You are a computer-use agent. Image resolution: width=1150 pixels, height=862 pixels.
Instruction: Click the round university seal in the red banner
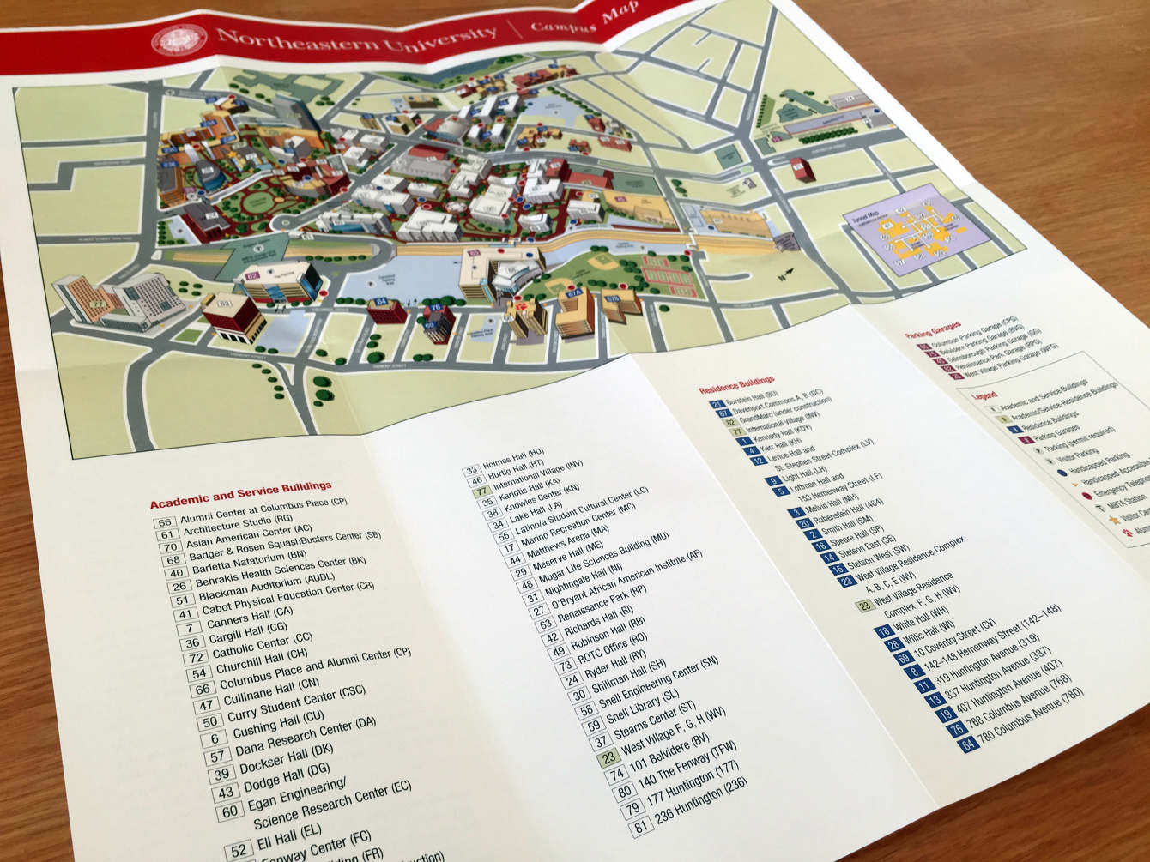pos(179,39)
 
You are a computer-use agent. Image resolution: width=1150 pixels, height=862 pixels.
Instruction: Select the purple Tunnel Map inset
pos(911,227)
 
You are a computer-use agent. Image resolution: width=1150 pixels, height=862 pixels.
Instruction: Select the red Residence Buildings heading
pos(736,383)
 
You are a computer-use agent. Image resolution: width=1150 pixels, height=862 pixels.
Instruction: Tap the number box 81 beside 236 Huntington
pos(639,827)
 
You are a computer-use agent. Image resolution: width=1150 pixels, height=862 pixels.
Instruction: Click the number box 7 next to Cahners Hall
pos(189,629)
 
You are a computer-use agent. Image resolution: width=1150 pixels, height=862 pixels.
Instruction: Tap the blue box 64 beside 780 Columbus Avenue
pos(969,744)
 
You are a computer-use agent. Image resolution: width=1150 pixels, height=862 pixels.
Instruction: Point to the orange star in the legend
pos(1113,519)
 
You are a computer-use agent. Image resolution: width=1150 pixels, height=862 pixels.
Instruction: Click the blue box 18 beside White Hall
pos(883,632)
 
